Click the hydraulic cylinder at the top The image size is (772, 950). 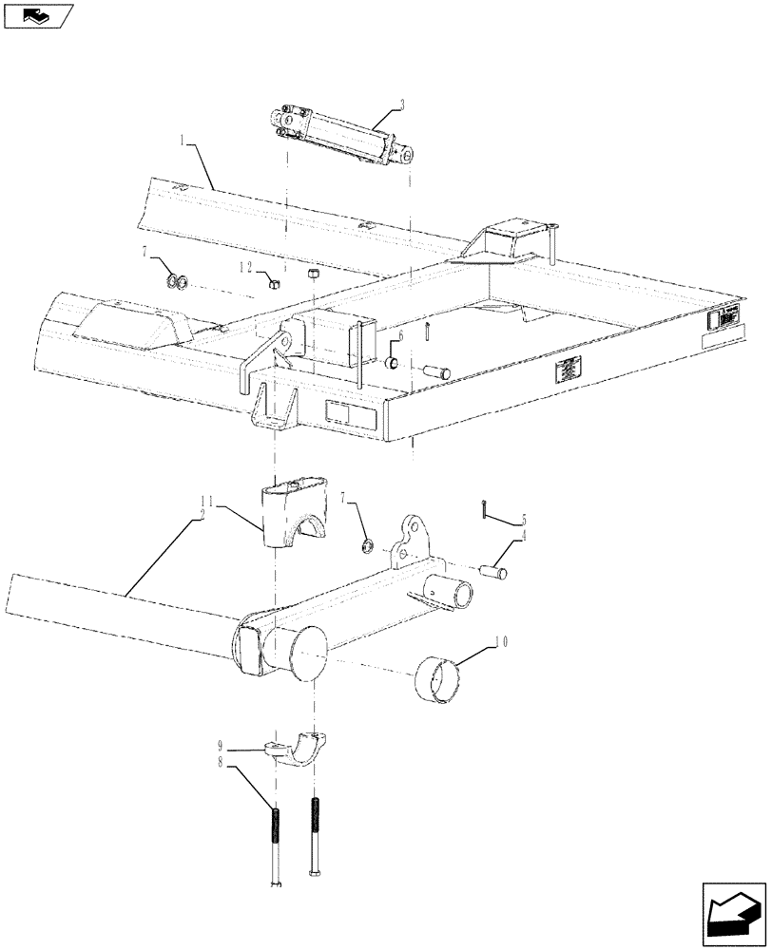(x=343, y=138)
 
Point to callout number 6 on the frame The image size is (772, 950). (x=400, y=336)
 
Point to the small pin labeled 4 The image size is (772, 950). (x=494, y=572)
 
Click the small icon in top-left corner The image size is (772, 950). (x=36, y=14)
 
